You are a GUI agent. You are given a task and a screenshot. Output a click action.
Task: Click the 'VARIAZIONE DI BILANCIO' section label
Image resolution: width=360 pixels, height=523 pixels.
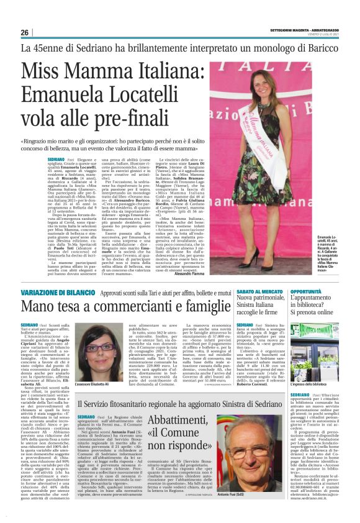[58, 290]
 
